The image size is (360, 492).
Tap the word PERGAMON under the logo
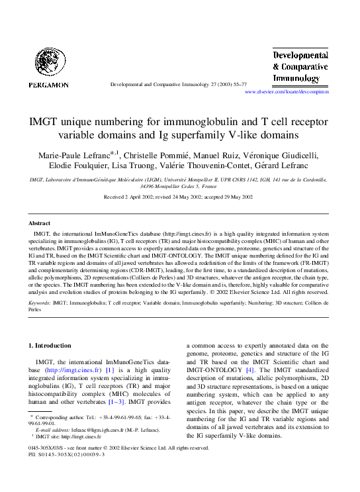click(x=48, y=85)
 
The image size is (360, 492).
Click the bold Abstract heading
click(x=40, y=224)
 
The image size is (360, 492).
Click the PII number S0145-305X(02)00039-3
click(x=68, y=485)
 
